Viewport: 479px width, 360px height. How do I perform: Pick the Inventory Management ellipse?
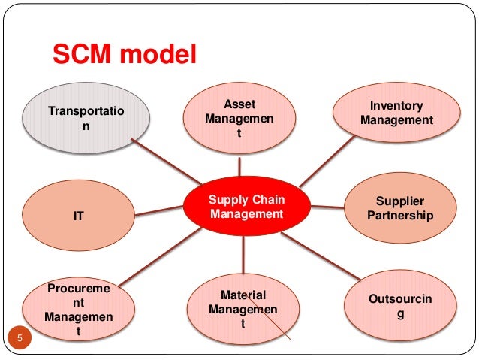point(396,113)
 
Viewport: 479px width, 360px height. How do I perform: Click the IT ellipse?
point(78,216)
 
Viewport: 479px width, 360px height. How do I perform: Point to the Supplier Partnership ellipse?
point(400,208)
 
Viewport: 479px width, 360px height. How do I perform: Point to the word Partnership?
point(400,216)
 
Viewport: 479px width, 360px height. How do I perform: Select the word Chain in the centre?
point(268,199)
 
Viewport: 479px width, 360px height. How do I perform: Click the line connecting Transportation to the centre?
point(167,161)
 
